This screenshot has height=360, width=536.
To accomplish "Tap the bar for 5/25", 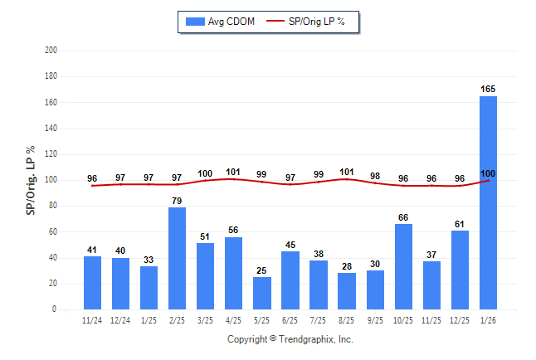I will (262, 293).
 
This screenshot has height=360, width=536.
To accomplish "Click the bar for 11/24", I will (92, 283).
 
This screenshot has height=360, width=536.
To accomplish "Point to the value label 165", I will (488, 89).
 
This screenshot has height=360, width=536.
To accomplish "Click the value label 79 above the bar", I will (178, 200).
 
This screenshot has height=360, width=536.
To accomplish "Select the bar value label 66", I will (403, 217).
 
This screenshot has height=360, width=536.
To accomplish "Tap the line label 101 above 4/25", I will (234, 173).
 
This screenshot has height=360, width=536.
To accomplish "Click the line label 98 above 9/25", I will (375, 176).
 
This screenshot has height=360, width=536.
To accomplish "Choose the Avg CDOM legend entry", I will (217, 22).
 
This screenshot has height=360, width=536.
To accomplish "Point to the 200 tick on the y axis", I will (51, 51).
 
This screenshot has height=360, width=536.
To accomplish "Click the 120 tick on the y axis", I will (51, 154).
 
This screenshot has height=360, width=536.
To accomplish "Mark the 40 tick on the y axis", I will (53, 258).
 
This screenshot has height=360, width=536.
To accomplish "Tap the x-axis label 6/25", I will (290, 320).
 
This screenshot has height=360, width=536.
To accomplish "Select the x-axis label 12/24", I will (120, 320).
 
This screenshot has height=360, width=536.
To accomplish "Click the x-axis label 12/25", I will (460, 320).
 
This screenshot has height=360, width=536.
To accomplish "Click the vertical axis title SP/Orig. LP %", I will (31, 180).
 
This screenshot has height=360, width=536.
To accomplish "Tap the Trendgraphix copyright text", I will (290, 339).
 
